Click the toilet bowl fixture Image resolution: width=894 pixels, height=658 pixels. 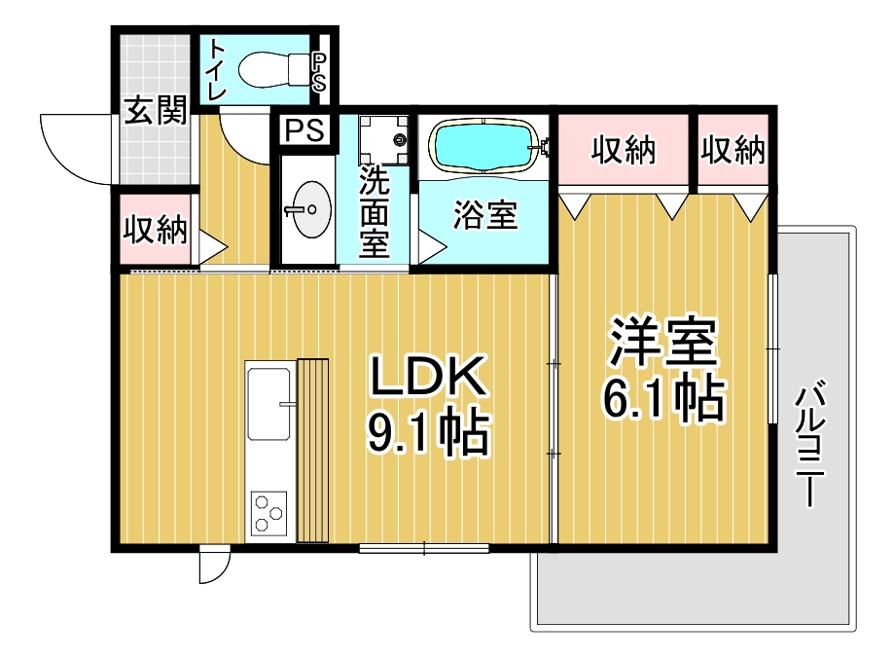(272, 70)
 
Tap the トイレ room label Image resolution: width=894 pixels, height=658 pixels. (217, 70)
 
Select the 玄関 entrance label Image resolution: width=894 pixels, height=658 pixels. (156, 110)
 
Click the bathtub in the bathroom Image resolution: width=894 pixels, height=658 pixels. (484, 146)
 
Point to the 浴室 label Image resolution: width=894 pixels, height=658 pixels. (484, 215)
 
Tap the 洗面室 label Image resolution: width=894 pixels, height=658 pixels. (374, 211)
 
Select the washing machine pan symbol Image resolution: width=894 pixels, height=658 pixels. (383, 139)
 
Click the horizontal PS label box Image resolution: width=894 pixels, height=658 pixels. (304, 129)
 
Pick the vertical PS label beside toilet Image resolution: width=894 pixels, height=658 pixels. (319, 72)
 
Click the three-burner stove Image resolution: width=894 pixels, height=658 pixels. (268, 512)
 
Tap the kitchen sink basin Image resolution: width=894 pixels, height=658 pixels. (268, 404)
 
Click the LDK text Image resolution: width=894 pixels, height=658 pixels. (429, 375)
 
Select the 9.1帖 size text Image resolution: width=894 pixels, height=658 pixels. (429, 431)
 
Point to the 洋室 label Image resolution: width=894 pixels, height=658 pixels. (662, 341)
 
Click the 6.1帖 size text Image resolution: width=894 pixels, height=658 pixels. (663, 398)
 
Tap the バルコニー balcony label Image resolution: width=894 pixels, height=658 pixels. (810, 445)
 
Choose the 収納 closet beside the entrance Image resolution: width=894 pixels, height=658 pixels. (156, 230)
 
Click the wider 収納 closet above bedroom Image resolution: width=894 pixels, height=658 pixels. (624, 150)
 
